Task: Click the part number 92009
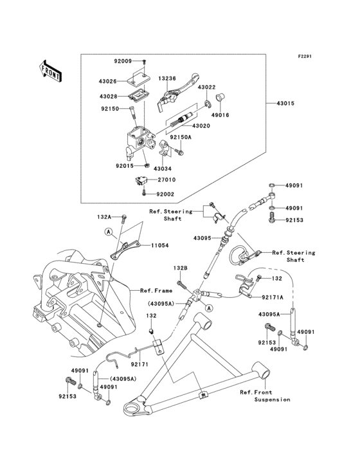pyautogui.click(x=123, y=61)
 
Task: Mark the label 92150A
pyautogui.click(x=181, y=137)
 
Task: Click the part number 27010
pyautogui.click(x=166, y=180)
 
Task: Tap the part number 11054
pyautogui.click(x=160, y=245)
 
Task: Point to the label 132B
pyautogui.click(x=179, y=267)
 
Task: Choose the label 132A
pyautogui.click(x=104, y=217)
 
